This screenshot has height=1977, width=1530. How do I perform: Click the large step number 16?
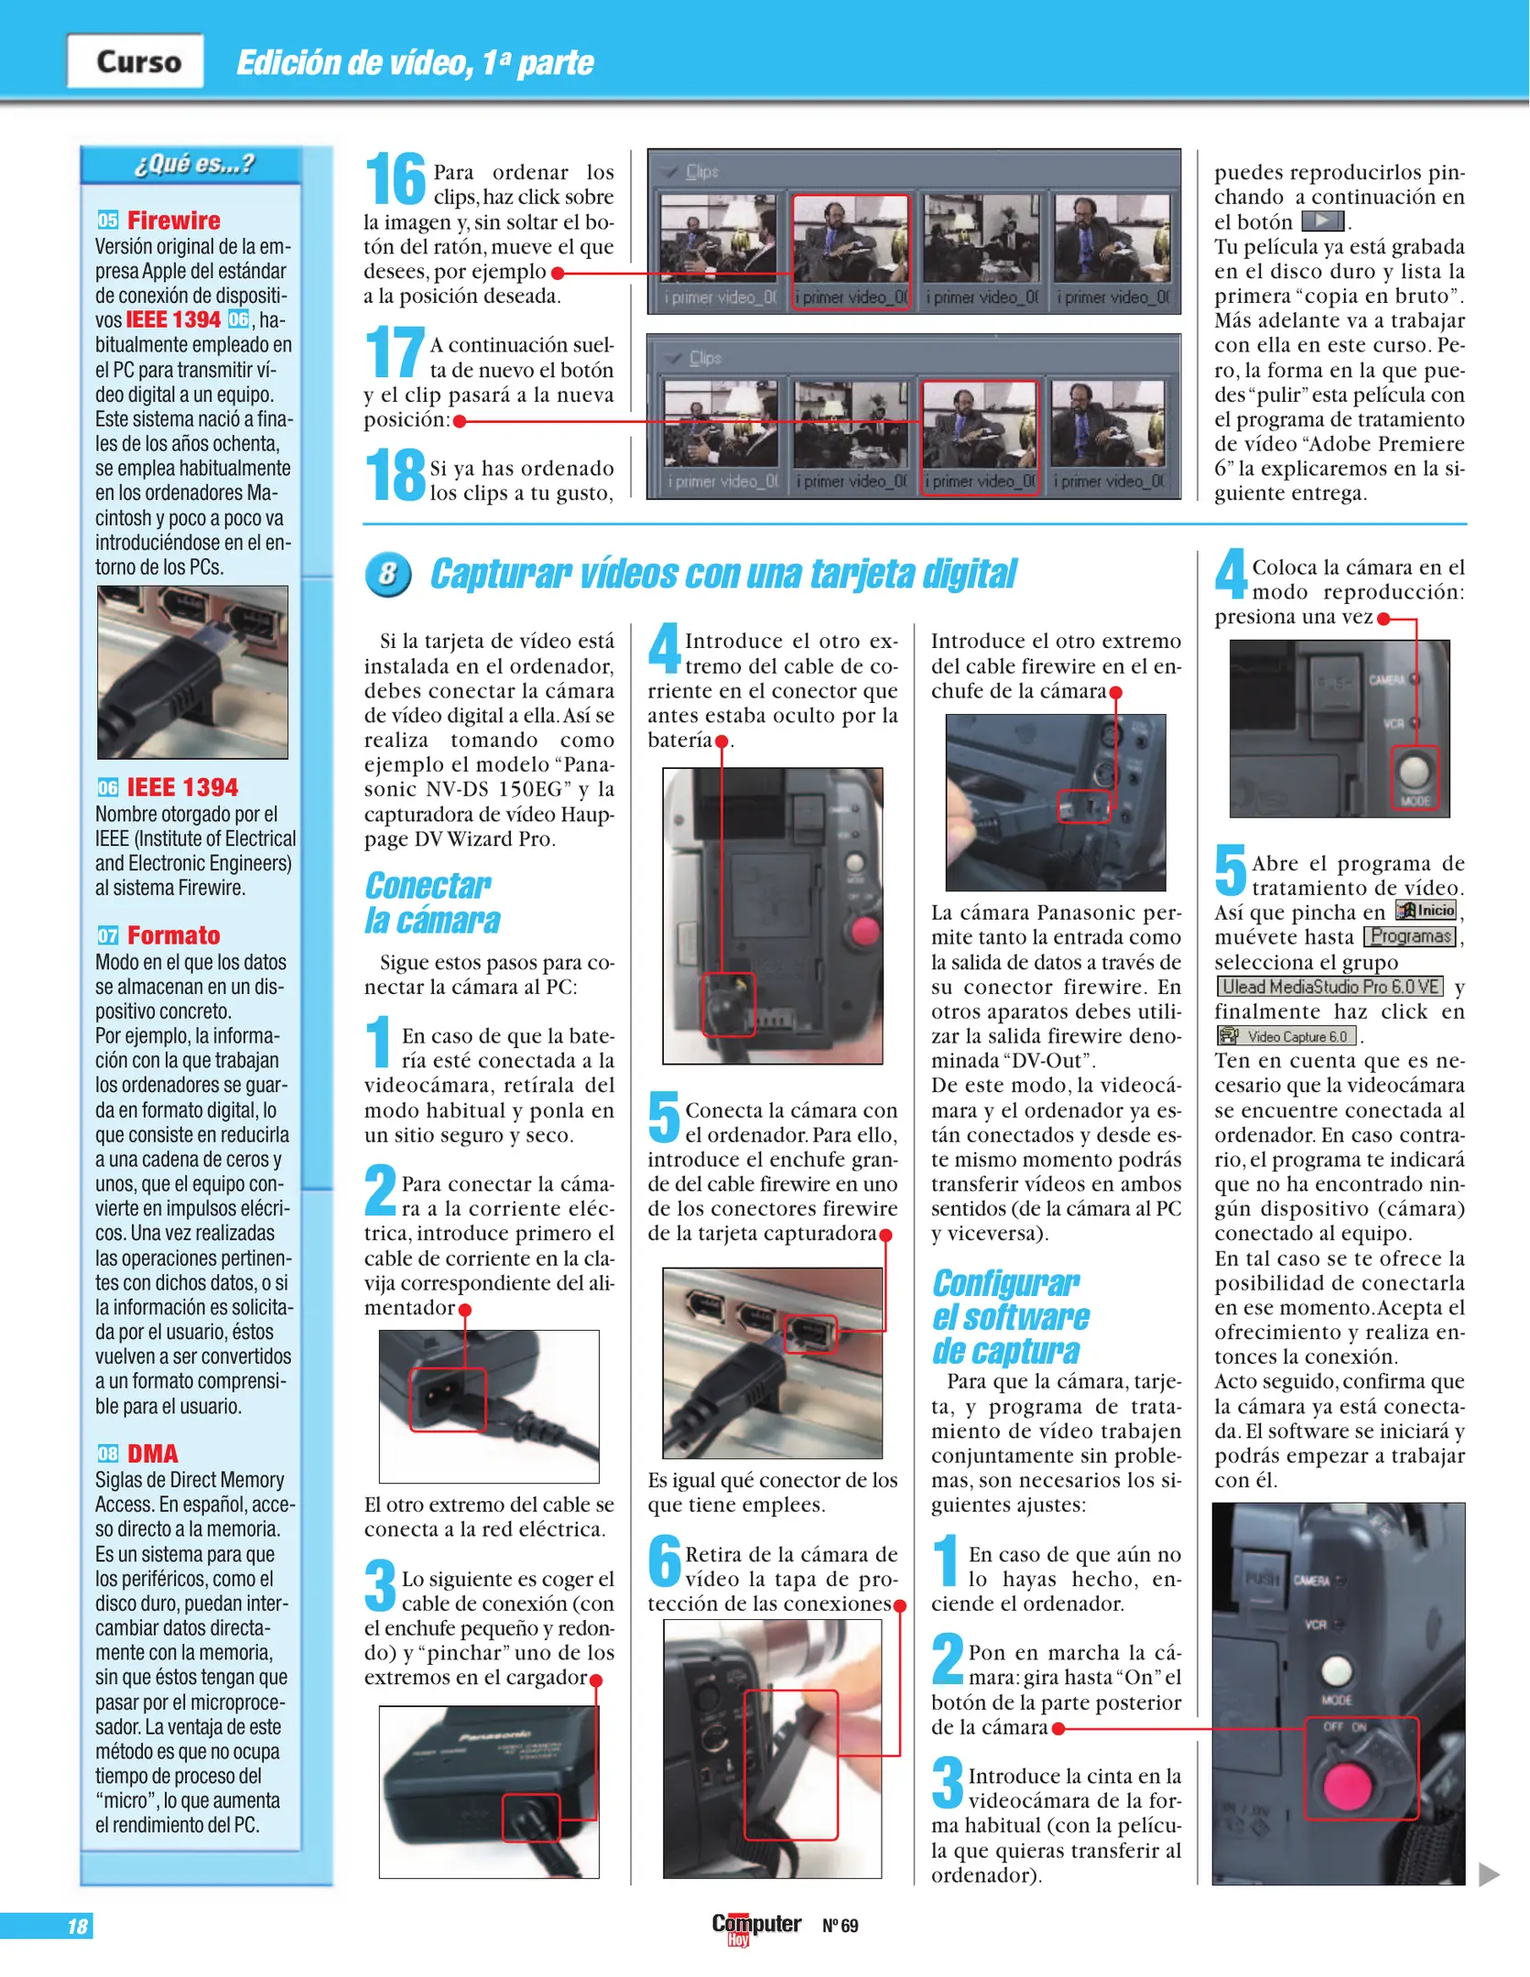pos(396,179)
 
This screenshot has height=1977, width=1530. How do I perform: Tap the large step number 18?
pos(396,474)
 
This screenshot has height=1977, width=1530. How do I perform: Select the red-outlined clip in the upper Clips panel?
pos(851,251)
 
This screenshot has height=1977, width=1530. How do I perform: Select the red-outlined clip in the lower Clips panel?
pos(979,437)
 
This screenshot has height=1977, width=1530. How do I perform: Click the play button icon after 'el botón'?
pos(1322,221)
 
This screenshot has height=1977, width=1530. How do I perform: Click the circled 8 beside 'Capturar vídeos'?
pos(388,575)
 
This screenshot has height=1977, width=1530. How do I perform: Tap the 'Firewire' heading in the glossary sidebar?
pos(173,221)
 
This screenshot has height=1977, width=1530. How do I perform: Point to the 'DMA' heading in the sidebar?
pos(152,1453)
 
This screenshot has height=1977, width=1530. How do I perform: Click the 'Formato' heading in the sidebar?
pos(173,935)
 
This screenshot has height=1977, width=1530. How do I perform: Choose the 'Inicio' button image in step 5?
pos(1426,911)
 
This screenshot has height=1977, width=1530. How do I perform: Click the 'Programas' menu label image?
pos(1410,936)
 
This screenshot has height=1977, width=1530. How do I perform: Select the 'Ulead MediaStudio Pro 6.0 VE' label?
pos(1329,987)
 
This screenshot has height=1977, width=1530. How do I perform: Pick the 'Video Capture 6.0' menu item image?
pos(1286,1036)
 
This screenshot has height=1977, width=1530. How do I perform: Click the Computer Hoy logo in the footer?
pos(755,1927)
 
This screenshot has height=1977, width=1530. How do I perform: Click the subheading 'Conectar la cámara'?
pos(431,902)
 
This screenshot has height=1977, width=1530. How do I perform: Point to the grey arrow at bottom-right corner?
pos(1489,1874)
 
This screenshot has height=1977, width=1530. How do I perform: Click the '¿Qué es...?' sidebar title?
pos(193,165)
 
